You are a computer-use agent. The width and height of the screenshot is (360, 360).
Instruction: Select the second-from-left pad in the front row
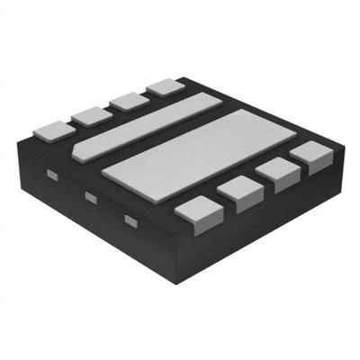point(237,188)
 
